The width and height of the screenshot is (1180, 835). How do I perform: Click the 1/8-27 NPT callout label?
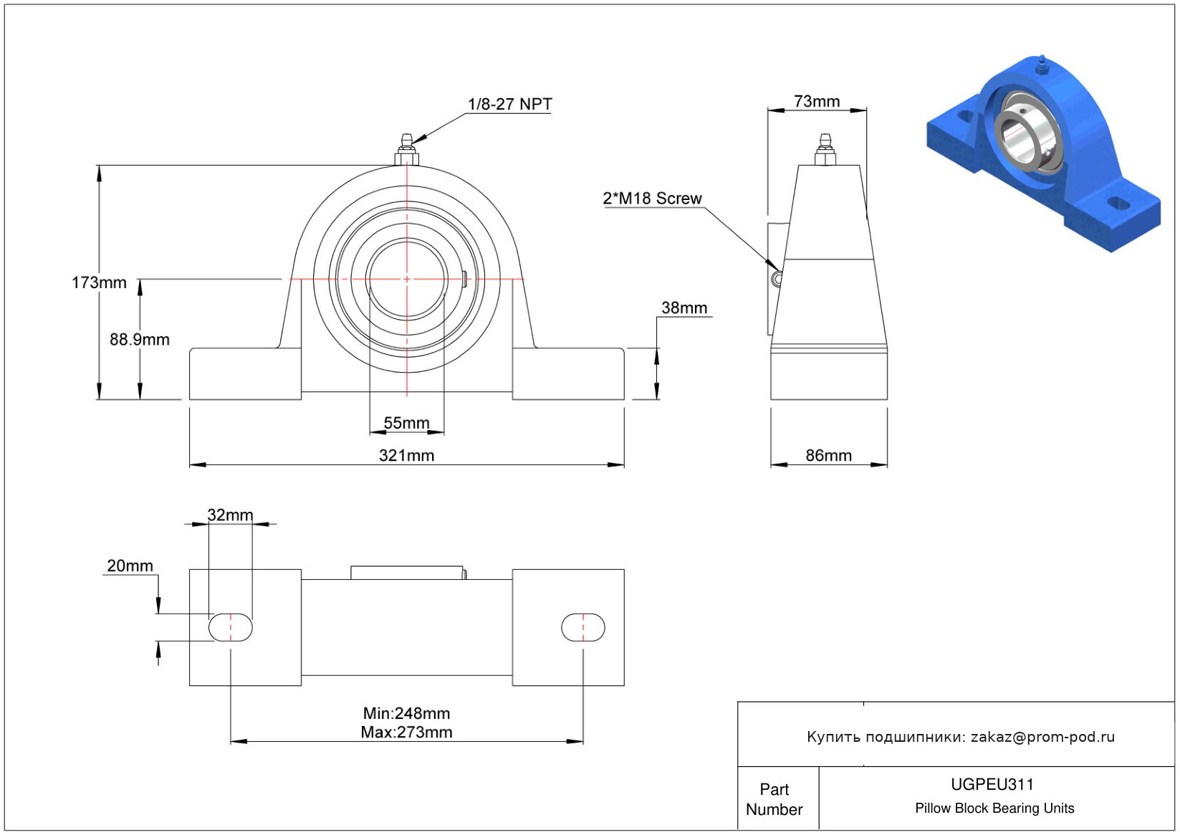[x=509, y=104]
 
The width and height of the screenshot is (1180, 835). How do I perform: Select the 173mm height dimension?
[x=99, y=282]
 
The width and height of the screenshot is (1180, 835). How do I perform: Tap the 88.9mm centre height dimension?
[x=140, y=340]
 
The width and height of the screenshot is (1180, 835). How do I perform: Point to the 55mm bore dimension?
[x=406, y=423]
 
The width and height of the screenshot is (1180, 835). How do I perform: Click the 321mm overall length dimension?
[x=406, y=455]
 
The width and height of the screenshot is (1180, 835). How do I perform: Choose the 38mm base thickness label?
[x=684, y=308]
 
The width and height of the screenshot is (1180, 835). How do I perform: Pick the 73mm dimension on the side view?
[x=817, y=102]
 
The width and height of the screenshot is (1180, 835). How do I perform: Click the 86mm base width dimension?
[x=829, y=455]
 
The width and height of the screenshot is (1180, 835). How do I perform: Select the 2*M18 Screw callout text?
[x=652, y=199]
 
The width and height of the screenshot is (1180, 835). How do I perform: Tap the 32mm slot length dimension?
[x=230, y=515]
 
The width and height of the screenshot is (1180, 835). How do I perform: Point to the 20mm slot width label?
[x=130, y=566]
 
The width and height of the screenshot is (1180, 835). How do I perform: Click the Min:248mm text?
[x=406, y=713]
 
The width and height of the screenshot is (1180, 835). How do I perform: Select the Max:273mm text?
[x=406, y=732]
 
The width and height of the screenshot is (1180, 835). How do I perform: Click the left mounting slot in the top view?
[x=230, y=628]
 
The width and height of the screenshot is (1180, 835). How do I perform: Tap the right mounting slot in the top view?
[x=582, y=628]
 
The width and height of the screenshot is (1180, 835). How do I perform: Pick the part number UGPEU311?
[x=992, y=784]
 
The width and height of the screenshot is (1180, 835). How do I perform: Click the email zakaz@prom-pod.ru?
[x=1042, y=737]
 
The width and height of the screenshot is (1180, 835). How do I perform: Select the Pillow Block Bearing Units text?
[x=994, y=808]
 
